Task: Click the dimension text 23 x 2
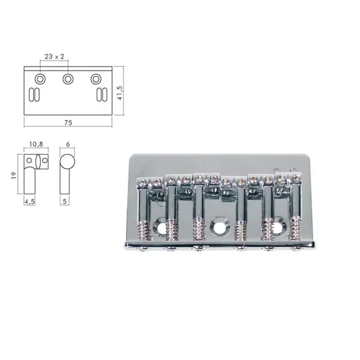pyautogui.click(x=54, y=57)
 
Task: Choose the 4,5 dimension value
pyautogui.click(x=29, y=202)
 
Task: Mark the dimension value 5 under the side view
pyautogui.click(x=65, y=202)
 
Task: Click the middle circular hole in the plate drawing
pyautogui.click(x=68, y=79)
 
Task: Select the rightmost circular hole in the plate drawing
pyautogui.click(x=96, y=79)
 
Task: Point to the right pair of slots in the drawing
pyautogui.click(x=101, y=95)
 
